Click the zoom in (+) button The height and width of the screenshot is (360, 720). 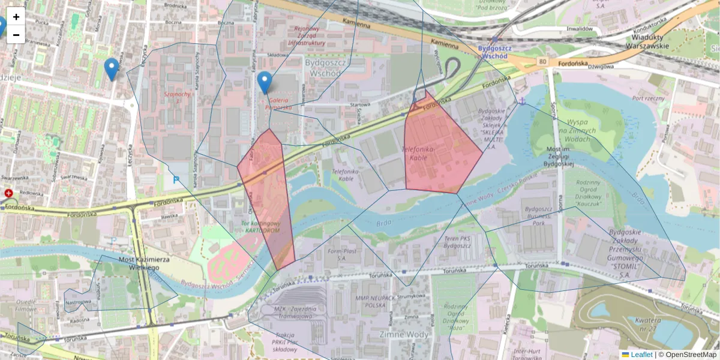16,17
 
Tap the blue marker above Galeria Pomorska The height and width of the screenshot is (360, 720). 264,82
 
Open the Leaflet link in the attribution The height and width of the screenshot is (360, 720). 641,355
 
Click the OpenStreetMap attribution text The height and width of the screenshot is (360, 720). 691,355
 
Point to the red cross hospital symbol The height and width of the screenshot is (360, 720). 9,193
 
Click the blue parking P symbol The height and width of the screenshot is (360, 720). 176,179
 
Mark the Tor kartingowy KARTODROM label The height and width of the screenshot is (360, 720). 260,226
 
